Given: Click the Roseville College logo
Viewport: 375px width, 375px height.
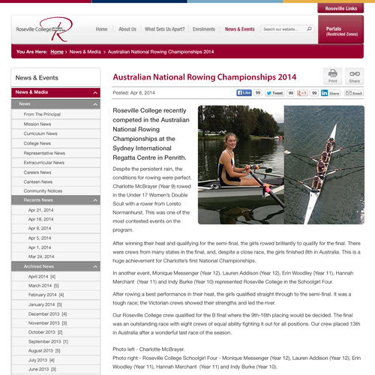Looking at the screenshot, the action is [x=45, y=30].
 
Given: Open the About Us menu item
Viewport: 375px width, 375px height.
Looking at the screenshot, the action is [x=127, y=29].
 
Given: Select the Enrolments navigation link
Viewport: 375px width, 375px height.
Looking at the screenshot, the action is [x=204, y=29].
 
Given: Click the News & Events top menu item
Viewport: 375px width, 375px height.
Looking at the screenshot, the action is [x=239, y=29].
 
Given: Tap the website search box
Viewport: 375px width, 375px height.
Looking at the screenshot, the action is [x=283, y=29].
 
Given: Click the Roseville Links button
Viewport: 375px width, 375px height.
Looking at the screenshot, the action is [x=341, y=8].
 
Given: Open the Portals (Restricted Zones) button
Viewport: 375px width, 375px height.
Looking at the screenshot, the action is [x=341, y=31].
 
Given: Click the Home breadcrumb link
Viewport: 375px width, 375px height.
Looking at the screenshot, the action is [x=57, y=52].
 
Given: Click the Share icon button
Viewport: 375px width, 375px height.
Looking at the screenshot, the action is [x=354, y=75].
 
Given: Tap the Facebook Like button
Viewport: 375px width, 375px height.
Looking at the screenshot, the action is [x=244, y=93].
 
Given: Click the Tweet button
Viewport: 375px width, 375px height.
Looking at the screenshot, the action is [x=275, y=93].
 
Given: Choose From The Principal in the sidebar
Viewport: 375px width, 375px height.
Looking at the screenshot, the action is [x=42, y=114].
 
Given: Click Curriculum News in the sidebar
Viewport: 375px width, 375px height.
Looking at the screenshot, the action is [x=42, y=133].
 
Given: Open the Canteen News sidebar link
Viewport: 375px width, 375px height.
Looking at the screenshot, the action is [x=38, y=181].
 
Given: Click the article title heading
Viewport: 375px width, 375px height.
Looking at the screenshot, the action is [x=204, y=76].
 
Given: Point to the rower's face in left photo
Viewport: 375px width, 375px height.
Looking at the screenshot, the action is [x=230, y=142].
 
